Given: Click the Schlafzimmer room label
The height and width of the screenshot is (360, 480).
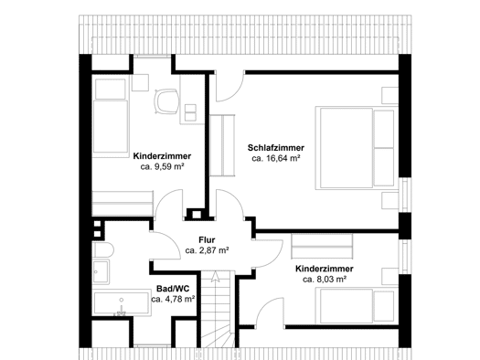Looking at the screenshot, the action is [x=276, y=148].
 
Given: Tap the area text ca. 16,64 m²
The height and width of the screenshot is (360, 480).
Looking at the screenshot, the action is [x=275, y=158].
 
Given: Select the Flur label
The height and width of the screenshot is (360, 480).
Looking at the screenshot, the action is [x=207, y=239].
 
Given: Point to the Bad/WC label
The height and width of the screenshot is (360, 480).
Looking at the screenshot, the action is [x=173, y=289].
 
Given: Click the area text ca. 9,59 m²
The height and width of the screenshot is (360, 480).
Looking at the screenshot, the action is [x=162, y=166].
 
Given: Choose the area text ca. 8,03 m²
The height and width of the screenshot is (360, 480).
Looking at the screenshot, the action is [x=325, y=280].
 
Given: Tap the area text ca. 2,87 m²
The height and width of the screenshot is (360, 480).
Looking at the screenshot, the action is [x=208, y=250].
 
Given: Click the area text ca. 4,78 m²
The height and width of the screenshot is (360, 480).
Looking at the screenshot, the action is [x=174, y=299].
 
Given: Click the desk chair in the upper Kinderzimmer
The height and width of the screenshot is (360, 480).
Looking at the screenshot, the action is [x=166, y=101].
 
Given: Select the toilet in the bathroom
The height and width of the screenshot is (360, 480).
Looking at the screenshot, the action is [x=102, y=250].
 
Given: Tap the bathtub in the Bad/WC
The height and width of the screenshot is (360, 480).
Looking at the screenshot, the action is [x=122, y=302].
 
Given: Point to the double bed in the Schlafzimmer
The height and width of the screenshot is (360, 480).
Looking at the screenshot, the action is [x=357, y=148].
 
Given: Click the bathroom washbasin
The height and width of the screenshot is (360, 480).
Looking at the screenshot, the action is [x=101, y=271].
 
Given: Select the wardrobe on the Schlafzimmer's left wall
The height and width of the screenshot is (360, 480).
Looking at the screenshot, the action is [x=222, y=145].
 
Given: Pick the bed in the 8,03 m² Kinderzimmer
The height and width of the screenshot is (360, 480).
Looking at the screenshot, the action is [x=357, y=306].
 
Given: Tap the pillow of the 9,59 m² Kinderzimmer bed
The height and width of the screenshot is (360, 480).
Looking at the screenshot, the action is [x=111, y=89].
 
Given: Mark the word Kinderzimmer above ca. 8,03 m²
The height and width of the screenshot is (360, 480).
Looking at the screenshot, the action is [x=325, y=269].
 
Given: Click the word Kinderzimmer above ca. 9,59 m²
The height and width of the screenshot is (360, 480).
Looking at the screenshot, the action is [x=162, y=156].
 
